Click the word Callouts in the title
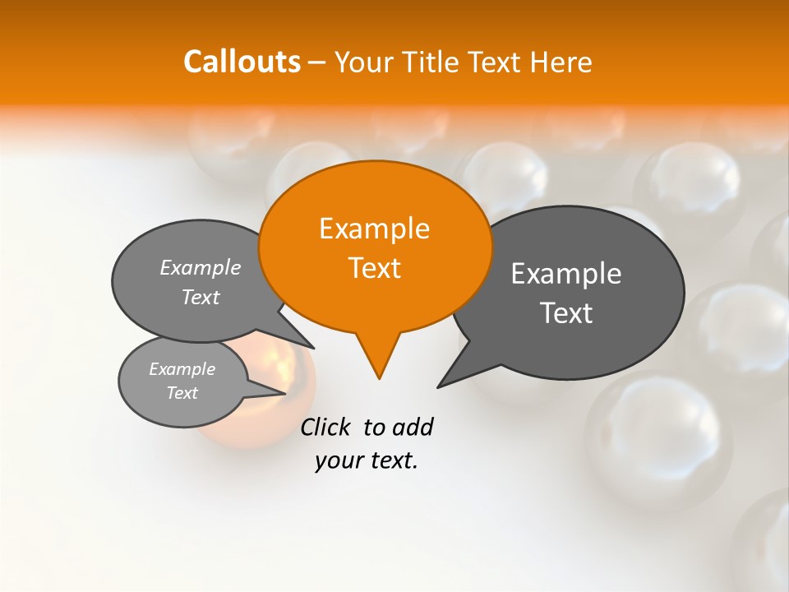tap(242, 62)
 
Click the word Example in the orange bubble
tap(374, 229)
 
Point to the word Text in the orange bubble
tap(374, 268)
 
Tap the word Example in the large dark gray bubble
tap(566, 274)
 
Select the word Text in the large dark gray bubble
tap(566, 313)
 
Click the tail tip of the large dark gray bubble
tap(441, 385)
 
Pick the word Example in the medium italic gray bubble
tap(201, 267)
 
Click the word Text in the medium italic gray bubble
tap(201, 297)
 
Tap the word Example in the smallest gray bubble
tap(182, 369)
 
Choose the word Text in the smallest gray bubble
tap(182, 393)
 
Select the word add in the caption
tap(413, 427)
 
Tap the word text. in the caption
tap(391, 460)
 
